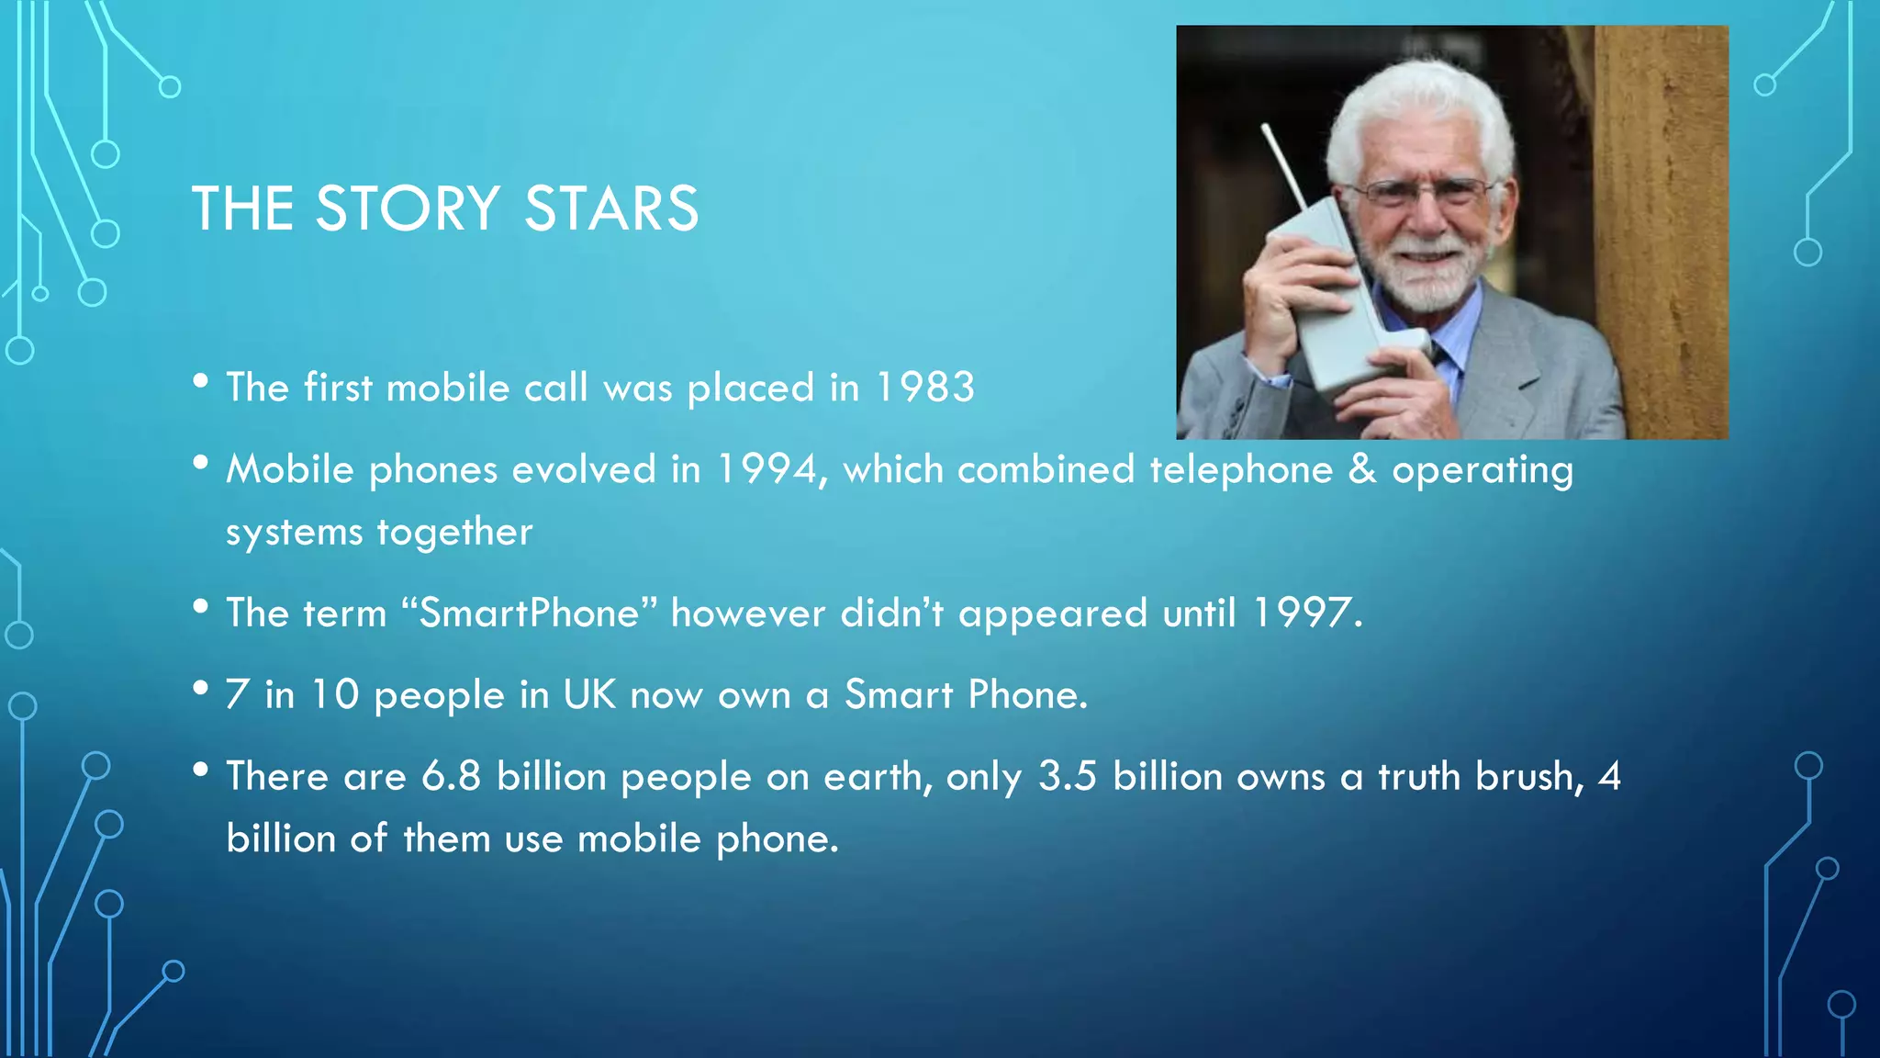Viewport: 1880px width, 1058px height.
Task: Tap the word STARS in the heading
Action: click(x=611, y=208)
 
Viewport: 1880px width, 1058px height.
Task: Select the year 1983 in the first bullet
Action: click(x=924, y=388)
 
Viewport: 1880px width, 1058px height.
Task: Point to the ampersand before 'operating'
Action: click(x=1362, y=469)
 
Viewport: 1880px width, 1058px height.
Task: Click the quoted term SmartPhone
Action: click(x=530, y=613)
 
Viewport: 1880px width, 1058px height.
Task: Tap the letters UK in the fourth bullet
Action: click(x=589, y=695)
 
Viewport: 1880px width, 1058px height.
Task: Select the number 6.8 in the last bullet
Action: click(x=451, y=777)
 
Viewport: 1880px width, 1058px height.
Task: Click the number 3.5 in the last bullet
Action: click(x=1068, y=777)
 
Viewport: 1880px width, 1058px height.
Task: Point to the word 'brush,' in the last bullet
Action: click(x=1529, y=777)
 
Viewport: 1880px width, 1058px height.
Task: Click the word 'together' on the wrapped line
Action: click(x=454, y=533)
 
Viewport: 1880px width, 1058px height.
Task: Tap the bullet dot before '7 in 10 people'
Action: click(x=201, y=688)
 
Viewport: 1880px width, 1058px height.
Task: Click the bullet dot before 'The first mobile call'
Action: click(x=201, y=381)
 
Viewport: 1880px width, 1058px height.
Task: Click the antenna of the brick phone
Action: click(x=1283, y=165)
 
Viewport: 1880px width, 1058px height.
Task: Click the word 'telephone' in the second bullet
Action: click(x=1241, y=469)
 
